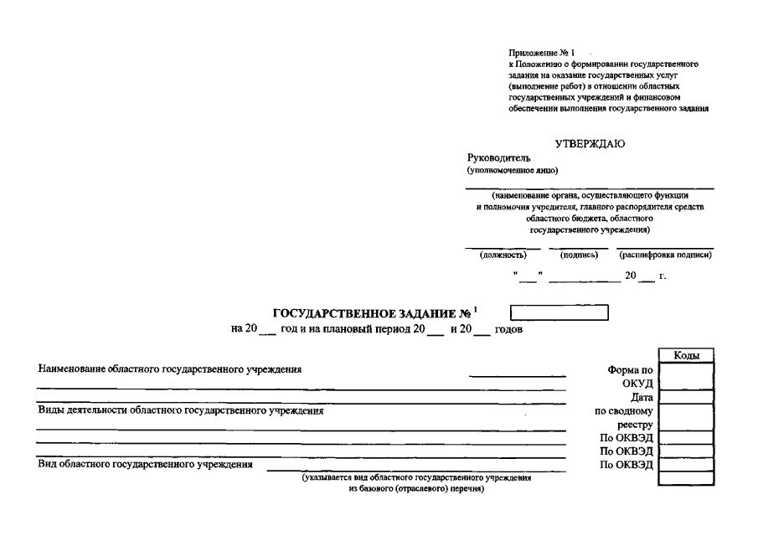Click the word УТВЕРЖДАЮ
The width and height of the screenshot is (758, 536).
tap(590, 143)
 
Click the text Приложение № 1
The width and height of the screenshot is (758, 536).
tap(541, 54)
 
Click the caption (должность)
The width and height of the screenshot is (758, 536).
tap(503, 255)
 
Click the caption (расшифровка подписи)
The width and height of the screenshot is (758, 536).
tap(665, 255)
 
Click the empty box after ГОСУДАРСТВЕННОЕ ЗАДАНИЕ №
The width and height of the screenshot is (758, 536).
tap(559, 313)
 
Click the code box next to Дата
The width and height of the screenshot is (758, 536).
tap(686, 398)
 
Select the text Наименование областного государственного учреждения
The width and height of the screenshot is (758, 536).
tap(169, 368)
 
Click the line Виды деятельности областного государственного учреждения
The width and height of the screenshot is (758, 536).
tap(180, 410)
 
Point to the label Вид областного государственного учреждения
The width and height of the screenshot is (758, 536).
tap(145, 464)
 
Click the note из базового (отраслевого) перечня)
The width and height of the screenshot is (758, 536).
tap(415, 487)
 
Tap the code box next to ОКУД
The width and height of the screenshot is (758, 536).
tap(686, 384)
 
